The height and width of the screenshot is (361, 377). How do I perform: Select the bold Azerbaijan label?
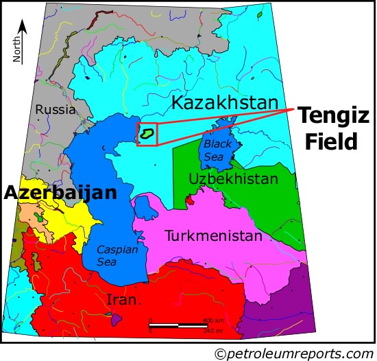point(60,193)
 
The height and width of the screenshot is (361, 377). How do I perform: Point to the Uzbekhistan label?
point(233,179)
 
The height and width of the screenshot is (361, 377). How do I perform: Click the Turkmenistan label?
point(213,236)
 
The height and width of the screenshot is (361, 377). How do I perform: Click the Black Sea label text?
point(218,151)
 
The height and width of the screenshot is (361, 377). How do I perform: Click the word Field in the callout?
point(332,141)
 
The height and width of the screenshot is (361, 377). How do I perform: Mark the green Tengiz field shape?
point(146,133)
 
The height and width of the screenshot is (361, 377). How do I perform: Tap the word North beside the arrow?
point(16,49)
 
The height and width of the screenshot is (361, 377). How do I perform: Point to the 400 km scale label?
point(212,321)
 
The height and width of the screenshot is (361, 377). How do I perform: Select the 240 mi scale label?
point(212,331)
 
